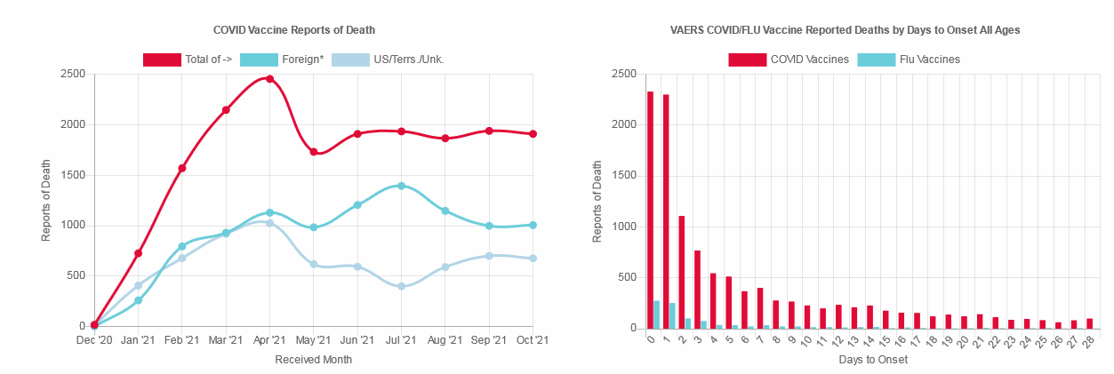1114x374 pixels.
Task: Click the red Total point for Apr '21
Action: pos(269,79)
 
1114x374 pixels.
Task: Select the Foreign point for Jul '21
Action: pos(401,186)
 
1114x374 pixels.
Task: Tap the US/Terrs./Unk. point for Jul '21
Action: pos(401,286)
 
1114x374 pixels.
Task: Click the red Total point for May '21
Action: pos(313,152)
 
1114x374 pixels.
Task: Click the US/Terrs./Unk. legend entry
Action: pos(388,60)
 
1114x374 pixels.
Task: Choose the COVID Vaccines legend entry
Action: pos(788,60)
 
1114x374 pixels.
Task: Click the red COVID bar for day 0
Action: pos(650,210)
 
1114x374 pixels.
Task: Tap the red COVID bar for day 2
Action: pos(681,272)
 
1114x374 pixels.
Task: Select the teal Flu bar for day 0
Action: pos(657,314)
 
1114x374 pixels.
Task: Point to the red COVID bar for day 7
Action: pos(760,307)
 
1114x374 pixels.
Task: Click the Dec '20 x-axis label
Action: pos(93,340)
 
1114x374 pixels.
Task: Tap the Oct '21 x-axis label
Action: pos(533,340)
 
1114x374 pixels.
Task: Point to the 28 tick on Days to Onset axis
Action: pos(1087,342)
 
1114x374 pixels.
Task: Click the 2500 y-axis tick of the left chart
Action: pos(72,74)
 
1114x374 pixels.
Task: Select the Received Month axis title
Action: pos(313,360)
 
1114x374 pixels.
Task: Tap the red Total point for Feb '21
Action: pos(181,168)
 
